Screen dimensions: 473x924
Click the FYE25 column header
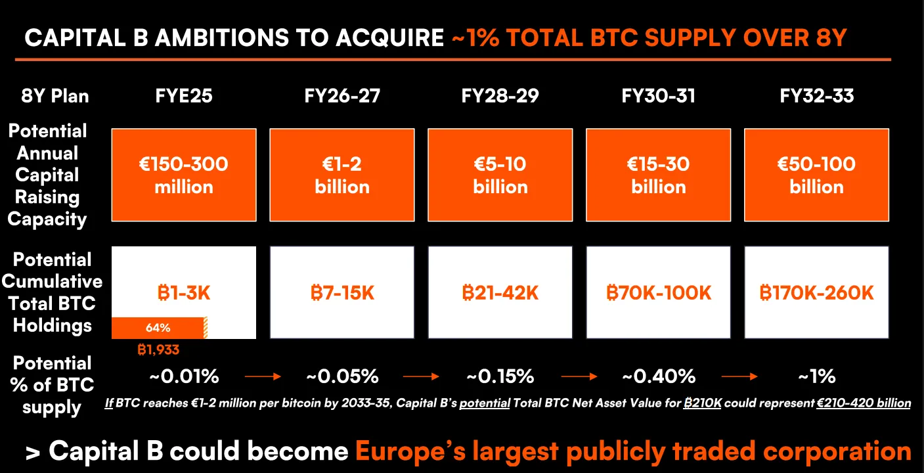(x=184, y=96)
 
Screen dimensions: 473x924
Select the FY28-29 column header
(x=500, y=96)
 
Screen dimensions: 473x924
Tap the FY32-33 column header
(x=816, y=96)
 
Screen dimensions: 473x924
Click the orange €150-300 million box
(x=184, y=175)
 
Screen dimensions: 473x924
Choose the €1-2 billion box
(x=342, y=175)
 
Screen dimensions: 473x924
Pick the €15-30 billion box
(x=658, y=175)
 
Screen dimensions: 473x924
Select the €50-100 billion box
(x=816, y=175)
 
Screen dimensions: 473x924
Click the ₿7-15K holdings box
(x=342, y=292)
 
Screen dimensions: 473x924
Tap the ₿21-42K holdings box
(x=500, y=292)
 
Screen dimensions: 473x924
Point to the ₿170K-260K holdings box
(x=816, y=292)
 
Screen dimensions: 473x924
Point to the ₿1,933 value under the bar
(x=158, y=350)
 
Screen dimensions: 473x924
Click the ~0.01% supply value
(x=184, y=376)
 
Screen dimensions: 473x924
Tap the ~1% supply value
(x=817, y=376)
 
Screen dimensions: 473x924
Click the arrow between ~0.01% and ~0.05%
(x=263, y=377)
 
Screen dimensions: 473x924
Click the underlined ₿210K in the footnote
(x=703, y=403)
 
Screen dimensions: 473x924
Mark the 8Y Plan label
(x=55, y=96)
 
